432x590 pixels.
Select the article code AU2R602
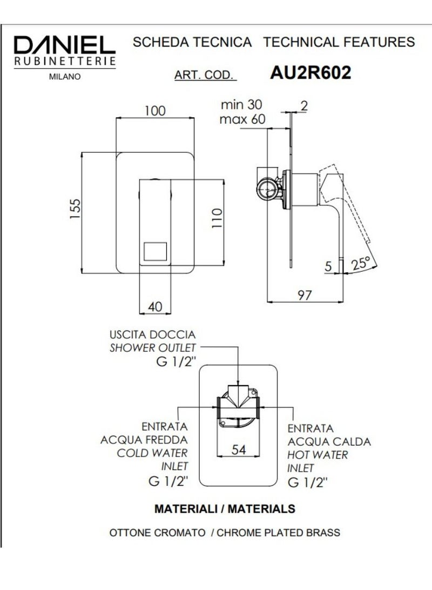point(310,72)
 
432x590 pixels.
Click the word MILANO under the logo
point(65,77)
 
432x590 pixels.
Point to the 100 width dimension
point(154,111)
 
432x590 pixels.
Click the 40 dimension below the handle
point(155,307)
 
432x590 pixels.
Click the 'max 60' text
point(242,119)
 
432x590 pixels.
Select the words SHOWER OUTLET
point(153,348)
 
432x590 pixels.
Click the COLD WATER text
point(152,453)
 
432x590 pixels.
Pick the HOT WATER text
point(318,455)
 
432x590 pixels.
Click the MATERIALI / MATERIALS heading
point(225,508)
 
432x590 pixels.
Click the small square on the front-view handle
point(156,252)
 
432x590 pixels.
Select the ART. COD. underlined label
point(205,75)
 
